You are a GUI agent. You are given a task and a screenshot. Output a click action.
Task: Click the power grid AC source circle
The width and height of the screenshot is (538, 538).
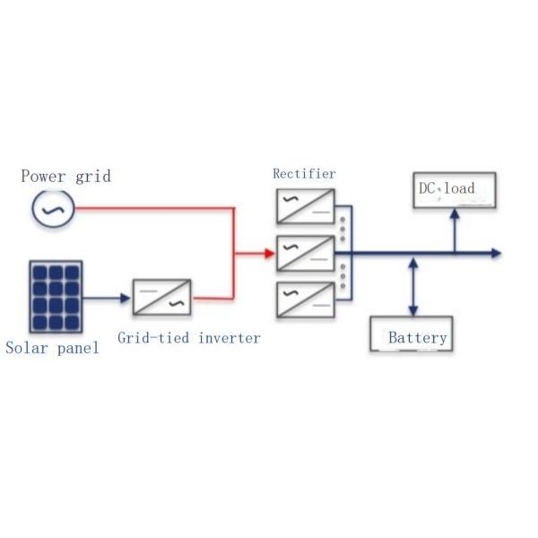[47, 209]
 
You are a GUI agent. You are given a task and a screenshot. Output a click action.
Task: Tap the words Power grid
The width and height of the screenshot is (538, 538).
[66, 176]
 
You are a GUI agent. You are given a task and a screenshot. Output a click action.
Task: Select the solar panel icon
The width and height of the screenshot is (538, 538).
[56, 297]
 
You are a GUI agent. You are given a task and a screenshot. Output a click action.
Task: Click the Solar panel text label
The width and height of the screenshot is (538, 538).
[51, 348]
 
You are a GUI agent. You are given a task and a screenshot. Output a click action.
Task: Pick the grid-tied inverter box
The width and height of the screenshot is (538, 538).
[162, 297]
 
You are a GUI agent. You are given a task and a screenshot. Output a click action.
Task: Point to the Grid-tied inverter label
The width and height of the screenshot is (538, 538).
[189, 338]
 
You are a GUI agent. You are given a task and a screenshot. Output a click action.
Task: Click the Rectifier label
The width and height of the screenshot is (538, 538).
[305, 173]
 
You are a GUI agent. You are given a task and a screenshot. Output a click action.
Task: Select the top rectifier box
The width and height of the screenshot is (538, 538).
[306, 205]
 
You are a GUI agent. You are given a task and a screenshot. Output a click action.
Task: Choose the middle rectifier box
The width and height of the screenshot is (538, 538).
[306, 253]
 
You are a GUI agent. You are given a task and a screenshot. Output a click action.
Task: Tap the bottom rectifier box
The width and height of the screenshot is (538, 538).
[306, 299]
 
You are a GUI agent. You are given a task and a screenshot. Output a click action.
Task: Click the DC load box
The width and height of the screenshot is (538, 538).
[454, 190]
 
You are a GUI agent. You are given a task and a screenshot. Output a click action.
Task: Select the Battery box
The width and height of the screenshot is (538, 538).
[411, 334]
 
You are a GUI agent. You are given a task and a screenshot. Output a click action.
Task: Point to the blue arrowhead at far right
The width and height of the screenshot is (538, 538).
[496, 254]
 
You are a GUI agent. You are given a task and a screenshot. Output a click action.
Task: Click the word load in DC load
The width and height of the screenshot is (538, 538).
[459, 188]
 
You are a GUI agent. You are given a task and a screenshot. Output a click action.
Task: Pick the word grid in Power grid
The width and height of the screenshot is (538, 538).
[93, 176]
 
